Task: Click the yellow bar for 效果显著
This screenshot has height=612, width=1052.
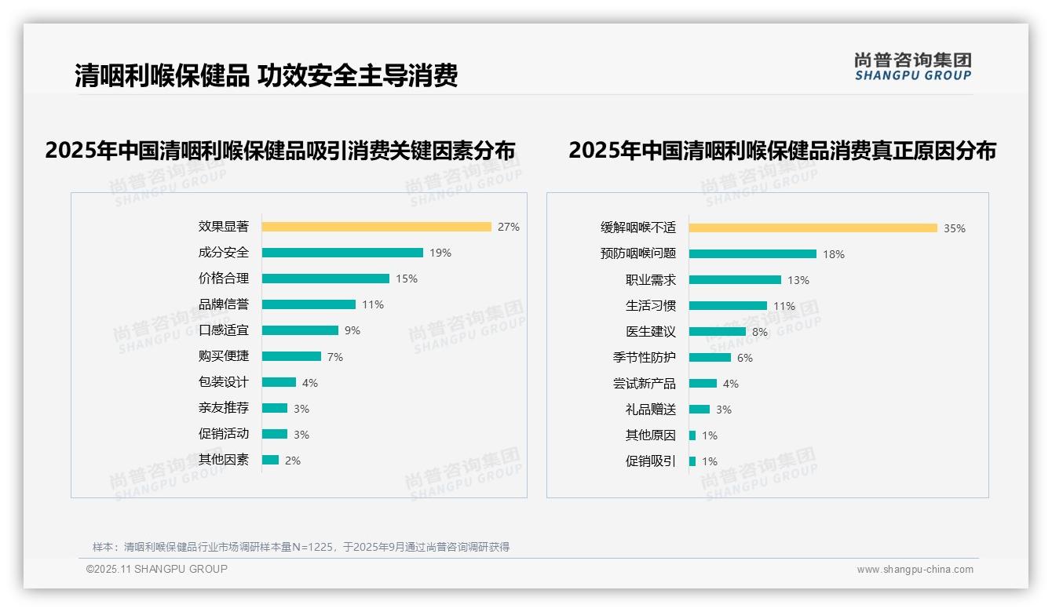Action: click(x=376, y=227)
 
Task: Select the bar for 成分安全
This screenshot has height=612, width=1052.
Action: click(x=342, y=253)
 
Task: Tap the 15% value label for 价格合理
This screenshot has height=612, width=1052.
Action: click(x=406, y=279)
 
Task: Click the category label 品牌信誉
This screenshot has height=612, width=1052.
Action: click(x=224, y=304)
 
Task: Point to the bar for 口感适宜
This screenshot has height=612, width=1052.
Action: click(x=300, y=330)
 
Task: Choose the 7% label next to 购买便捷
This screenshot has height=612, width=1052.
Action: click(x=334, y=357)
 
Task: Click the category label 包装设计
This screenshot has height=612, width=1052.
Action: click(x=224, y=382)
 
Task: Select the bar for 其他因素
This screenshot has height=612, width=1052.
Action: click(x=270, y=460)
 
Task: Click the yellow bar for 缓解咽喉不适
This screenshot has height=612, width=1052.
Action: click(x=813, y=228)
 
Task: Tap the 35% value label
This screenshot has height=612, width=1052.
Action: click(x=954, y=228)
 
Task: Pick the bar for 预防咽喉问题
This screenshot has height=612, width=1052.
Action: click(x=752, y=254)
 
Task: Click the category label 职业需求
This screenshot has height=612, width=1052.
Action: click(x=650, y=280)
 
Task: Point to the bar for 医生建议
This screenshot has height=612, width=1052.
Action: click(x=717, y=332)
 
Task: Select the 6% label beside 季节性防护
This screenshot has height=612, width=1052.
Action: click(x=744, y=358)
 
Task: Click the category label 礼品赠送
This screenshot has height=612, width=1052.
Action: click(x=650, y=410)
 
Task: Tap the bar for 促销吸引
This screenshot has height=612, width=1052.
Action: click(x=692, y=461)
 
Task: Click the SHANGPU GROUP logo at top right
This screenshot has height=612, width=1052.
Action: click(x=912, y=67)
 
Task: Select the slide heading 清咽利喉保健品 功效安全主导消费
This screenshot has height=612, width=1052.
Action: click(x=266, y=75)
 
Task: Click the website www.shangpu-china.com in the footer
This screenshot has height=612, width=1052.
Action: click(x=915, y=570)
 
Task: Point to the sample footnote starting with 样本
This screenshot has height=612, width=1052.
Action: click(x=301, y=547)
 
